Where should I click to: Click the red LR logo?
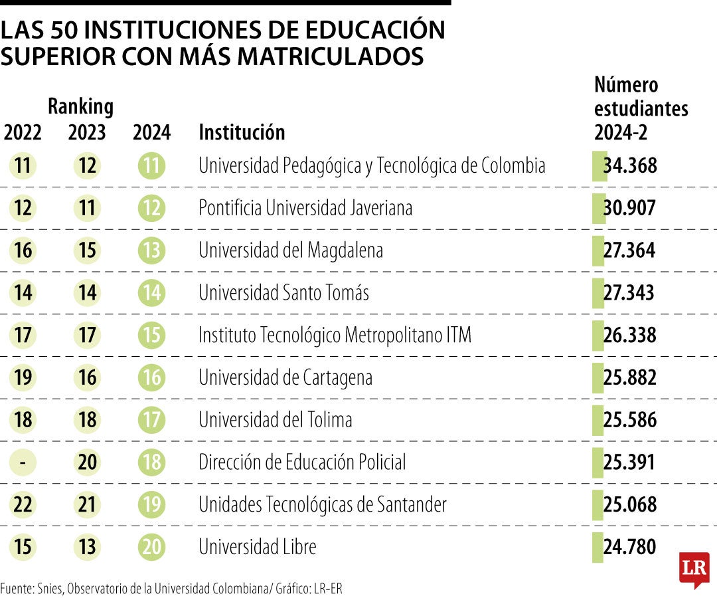pos(694,569)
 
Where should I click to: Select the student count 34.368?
pos(629,165)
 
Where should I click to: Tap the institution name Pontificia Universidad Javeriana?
pos(305,208)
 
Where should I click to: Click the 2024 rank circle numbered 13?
pos(151,250)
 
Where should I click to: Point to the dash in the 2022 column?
pos(23,462)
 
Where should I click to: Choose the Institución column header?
pos(242,132)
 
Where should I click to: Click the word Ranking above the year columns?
pos(80,106)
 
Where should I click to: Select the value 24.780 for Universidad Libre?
pos(629,547)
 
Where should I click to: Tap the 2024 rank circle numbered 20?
pos(151,547)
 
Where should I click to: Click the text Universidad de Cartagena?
pos(285,377)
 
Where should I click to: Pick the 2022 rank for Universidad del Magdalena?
pos(23,250)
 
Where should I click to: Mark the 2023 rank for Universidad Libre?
pos(87,547)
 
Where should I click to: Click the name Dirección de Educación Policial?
pos(302,462)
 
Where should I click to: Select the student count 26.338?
pos(629,335)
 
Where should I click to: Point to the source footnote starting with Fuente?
pos(171,588)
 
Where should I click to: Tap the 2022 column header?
pos(23,132)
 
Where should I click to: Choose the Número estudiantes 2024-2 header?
pos(641,108)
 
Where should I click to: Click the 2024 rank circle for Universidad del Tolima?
pos(151,420)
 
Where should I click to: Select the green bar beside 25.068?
pos(597,504)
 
